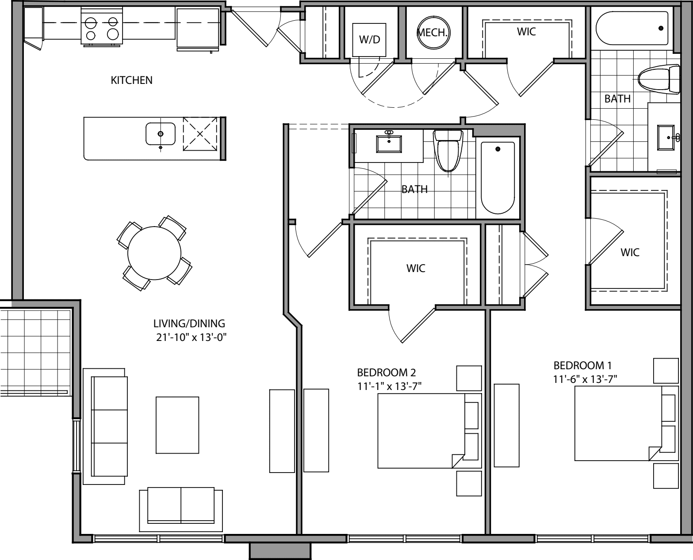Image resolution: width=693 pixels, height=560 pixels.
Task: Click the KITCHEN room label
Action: (x=131, y=80)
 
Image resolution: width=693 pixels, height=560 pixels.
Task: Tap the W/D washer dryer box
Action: (x=369, y=40)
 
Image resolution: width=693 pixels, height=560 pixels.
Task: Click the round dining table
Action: (x=154, y=253)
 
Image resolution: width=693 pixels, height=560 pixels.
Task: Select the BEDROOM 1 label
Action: (x=582, y=366)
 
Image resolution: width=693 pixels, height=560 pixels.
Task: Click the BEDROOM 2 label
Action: (x=387, y=372)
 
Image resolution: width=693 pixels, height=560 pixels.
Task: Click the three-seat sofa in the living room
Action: (x=109, y=427)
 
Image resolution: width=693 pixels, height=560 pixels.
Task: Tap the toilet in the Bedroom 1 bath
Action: (x=659, y=79)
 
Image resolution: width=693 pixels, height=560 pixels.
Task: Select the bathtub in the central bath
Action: (x=498, y=177)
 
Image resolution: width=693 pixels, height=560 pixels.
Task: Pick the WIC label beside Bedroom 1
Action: (x=630, y=253)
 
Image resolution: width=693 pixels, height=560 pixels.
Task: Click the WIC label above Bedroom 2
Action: (x=416, y=268)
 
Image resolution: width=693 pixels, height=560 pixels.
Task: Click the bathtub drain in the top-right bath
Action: (x=661, y=28)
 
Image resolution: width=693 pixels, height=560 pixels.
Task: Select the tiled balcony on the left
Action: (x=35, y=349)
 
